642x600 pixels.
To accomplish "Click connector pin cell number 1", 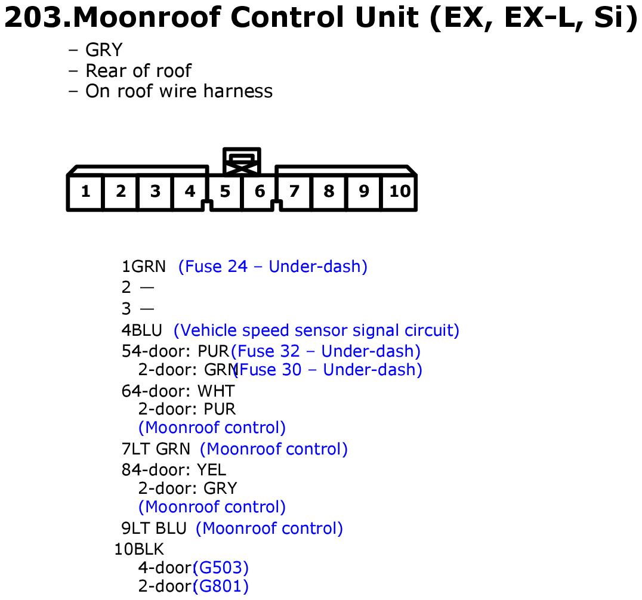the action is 85,191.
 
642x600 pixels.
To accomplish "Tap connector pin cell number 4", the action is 189,191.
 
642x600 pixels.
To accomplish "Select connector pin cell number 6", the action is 260,191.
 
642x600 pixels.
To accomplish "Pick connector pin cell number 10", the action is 399,191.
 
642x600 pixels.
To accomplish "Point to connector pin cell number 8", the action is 329,191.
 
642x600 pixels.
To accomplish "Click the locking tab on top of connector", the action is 242,161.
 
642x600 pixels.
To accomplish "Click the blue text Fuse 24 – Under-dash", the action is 273,267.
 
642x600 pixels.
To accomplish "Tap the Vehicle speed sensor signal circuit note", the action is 316,330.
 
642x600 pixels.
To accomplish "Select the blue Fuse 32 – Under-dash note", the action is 326,351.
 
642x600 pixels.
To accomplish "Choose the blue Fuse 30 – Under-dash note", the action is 328,370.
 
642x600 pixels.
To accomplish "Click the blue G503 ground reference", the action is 221,568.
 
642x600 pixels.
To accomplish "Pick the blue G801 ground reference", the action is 221,586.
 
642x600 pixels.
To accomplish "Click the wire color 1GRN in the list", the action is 144,267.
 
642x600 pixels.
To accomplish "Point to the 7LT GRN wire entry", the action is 156,449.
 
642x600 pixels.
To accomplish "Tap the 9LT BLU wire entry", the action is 154,528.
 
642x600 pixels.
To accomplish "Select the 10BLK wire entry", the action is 139,549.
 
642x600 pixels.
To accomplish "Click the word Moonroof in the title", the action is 147,17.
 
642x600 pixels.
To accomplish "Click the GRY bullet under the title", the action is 104,50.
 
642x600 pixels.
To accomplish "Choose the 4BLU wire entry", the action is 141,330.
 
